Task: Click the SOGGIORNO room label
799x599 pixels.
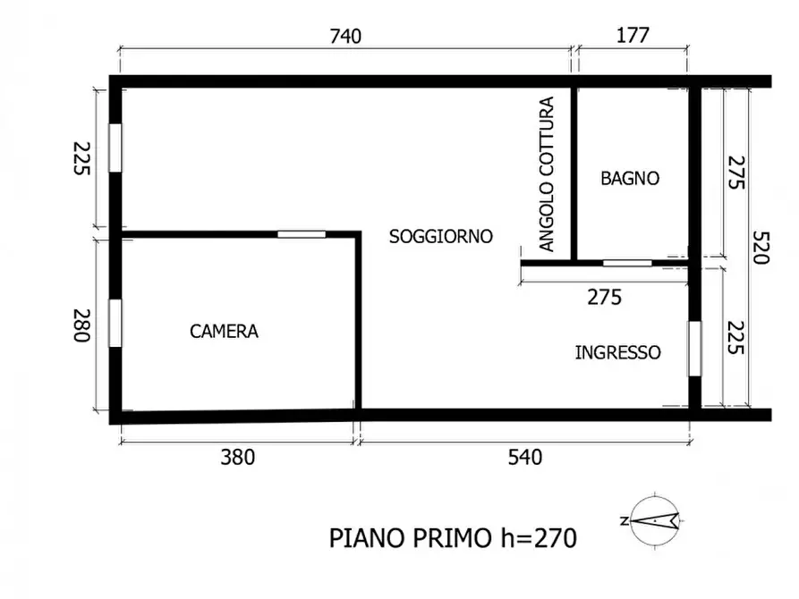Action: pyautogui.click(x=441, y=237)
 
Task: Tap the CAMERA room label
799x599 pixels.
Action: pyautogui.click(x=224, y=332)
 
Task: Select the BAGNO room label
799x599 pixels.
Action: pyautogui.click(x=630, y=179)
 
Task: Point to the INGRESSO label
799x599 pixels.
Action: pyautogui.click(x=617, y=353)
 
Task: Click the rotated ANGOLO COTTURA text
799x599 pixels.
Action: pyautogui.click(x=547, y=173)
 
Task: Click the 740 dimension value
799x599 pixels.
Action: pyautogui.click(x=345, y=37)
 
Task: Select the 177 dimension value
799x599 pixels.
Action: pyautogui.click(x=633, y=37)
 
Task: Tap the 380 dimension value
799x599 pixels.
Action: pyautogui.click(x=238, y=458)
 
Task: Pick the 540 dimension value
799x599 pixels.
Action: pyautogui.click(x=524, y=458)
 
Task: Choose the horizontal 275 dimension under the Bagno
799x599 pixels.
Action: pyautogui.click(x=604, y=298)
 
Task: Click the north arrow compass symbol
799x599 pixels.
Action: pyautogui.click(x=655, y=519)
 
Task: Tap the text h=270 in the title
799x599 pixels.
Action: pyautogui.click(x=532, y=538)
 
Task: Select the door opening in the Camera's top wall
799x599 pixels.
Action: pyautogui.click(x=301, y=234)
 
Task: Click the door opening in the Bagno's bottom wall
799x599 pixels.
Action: pyautogui.click(x=626, y=263)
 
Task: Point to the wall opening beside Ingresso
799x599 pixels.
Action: pyautogui.click(x=693, y=349)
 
